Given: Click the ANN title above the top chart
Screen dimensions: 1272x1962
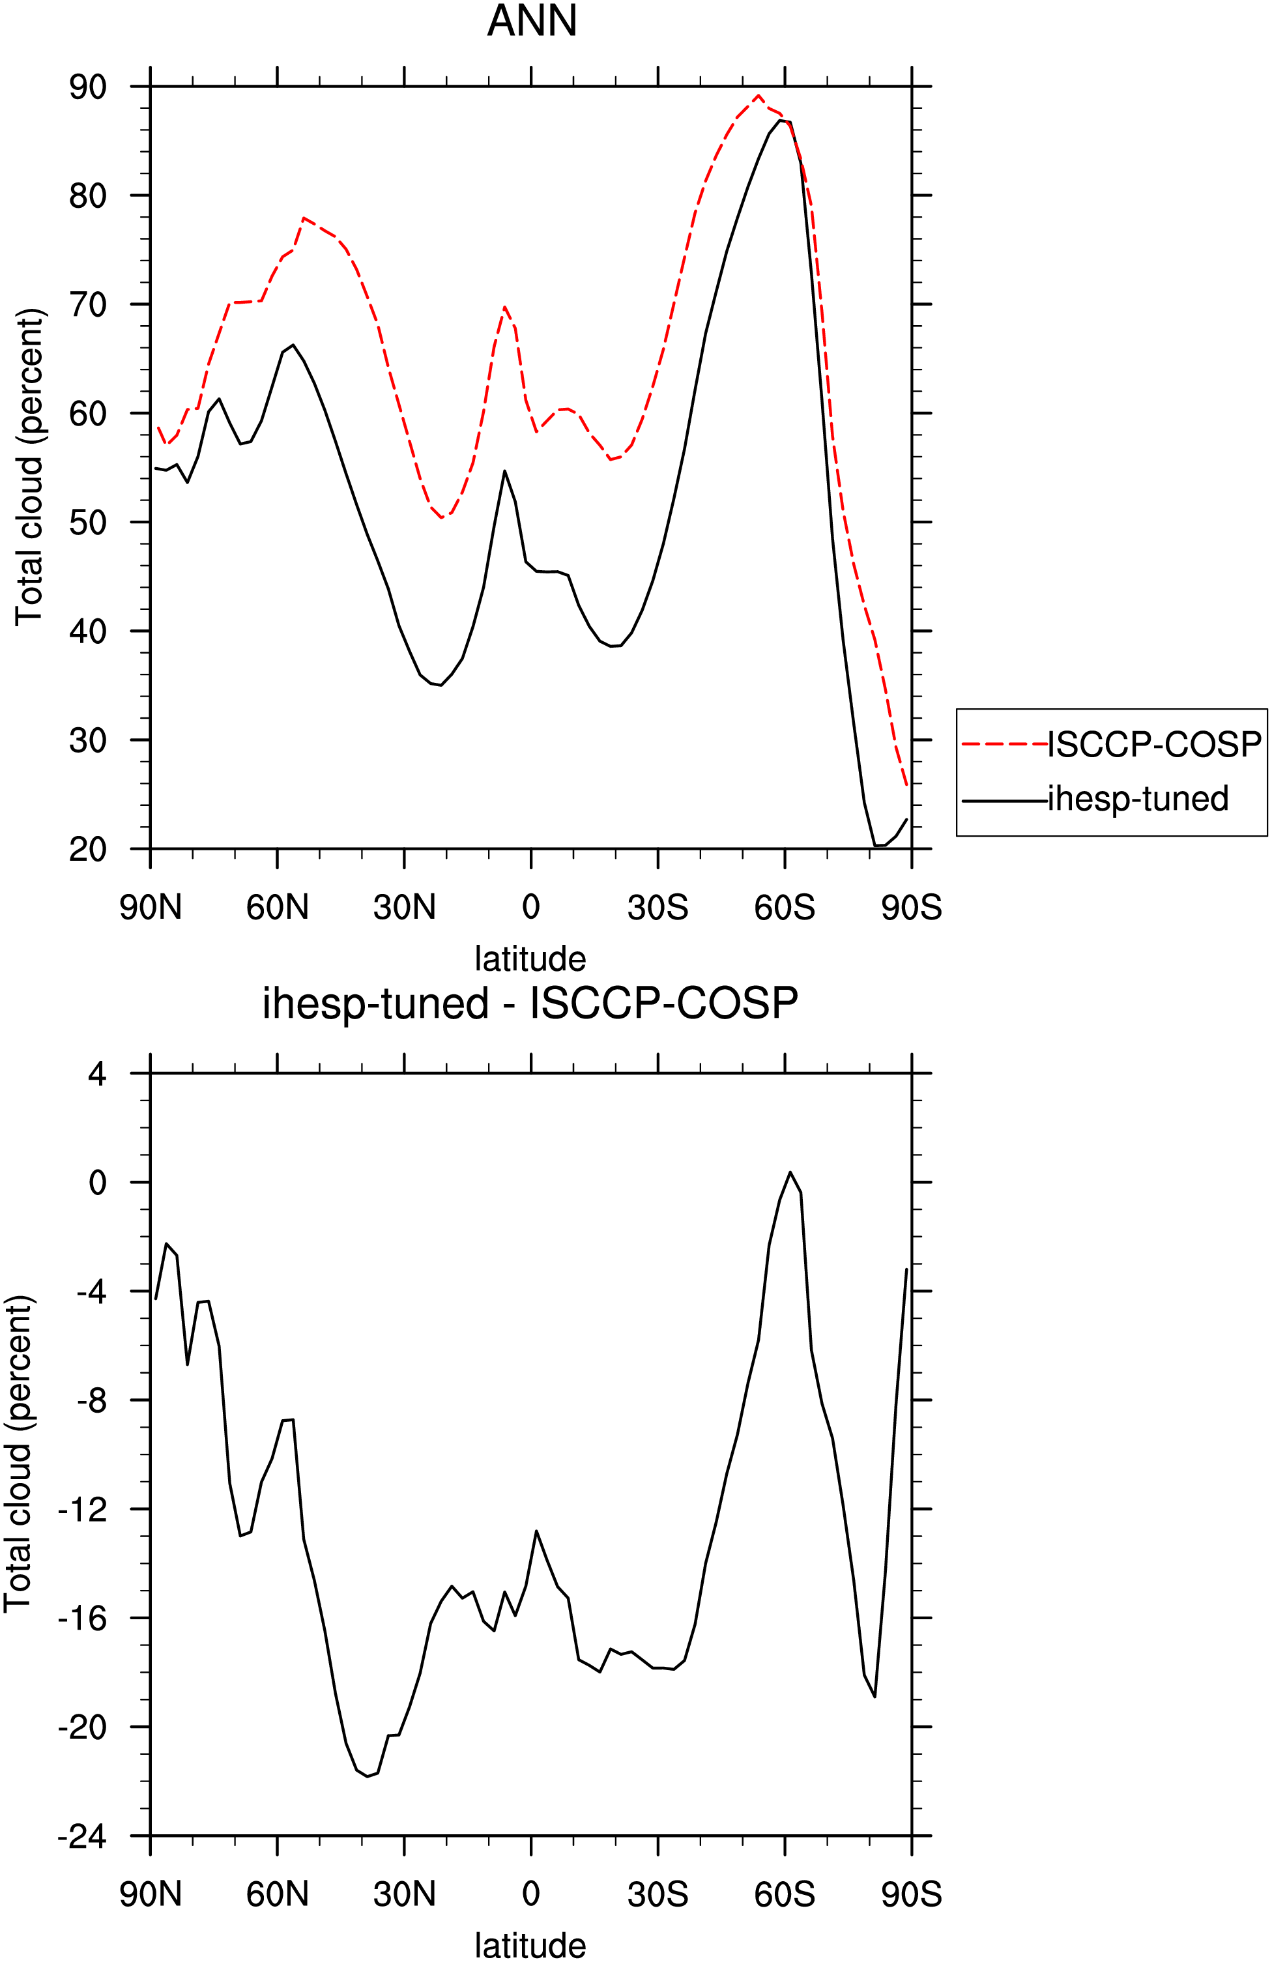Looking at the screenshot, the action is tap(532, 21).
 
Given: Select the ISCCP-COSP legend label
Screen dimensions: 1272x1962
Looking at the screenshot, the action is tap(1154, 744).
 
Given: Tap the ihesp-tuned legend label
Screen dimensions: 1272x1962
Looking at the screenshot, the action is tap(1138, 798).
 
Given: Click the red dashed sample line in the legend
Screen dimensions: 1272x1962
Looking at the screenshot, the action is tap(1004, 744).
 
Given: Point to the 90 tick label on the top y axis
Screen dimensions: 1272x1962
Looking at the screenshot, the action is tap(88, 87).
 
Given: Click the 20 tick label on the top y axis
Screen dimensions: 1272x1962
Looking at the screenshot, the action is tap(88, 849).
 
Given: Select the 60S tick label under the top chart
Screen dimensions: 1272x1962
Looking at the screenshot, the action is tap(784, 908).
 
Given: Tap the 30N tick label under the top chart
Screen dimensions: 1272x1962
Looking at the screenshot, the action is tap(404, 908).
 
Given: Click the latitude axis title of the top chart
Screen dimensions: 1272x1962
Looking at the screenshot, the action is tap(530, 959).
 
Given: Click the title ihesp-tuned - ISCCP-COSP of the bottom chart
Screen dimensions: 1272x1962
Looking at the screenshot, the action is tap(530, 1004).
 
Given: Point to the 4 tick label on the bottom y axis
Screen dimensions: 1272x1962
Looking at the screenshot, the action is tap(98, 1073).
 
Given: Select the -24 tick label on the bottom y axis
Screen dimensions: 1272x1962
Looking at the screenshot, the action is tap(83, 1836).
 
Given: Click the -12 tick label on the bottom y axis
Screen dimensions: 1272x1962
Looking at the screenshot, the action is tap(83, 1509).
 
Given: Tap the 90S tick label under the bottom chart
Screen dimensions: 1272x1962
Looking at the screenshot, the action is tap(911, 1894).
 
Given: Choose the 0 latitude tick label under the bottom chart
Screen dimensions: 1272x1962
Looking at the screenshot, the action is tap(531, 1894).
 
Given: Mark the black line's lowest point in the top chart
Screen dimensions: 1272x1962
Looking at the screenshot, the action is tap(876, 846).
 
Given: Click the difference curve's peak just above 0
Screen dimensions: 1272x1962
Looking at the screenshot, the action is tap(790, 1172).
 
